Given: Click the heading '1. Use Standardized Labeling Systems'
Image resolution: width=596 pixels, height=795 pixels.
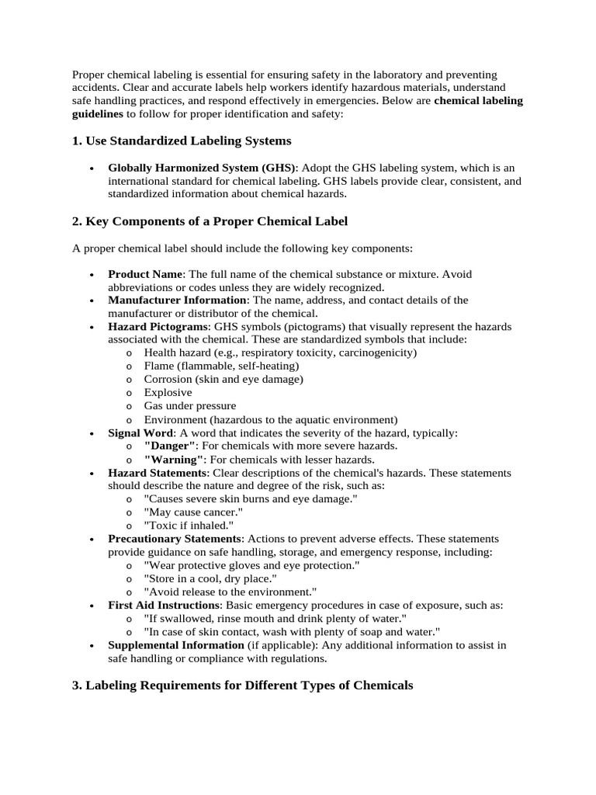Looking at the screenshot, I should pos(182,141).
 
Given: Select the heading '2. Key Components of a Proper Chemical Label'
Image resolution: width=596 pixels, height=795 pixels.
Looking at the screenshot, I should pos(210,221).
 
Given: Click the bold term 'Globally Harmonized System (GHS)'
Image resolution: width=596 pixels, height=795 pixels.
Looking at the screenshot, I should pos(202,168).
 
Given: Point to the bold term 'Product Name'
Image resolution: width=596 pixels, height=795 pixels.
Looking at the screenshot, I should pos(145,274).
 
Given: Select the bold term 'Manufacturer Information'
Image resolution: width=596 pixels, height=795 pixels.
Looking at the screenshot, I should pos(177,300).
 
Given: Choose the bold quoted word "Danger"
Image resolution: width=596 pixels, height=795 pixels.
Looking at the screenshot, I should pos(170,446).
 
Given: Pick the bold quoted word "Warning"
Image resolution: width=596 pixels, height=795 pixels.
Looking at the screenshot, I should pos(173,459).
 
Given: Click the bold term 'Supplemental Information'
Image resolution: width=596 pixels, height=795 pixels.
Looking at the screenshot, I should pos(176,644).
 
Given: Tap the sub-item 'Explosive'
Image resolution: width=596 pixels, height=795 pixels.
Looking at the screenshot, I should pos(168,392).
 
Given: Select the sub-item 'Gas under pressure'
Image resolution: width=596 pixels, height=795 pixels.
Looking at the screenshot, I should pos(190,405).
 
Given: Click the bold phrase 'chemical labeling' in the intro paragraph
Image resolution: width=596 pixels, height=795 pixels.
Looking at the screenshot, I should pos(479,101).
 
